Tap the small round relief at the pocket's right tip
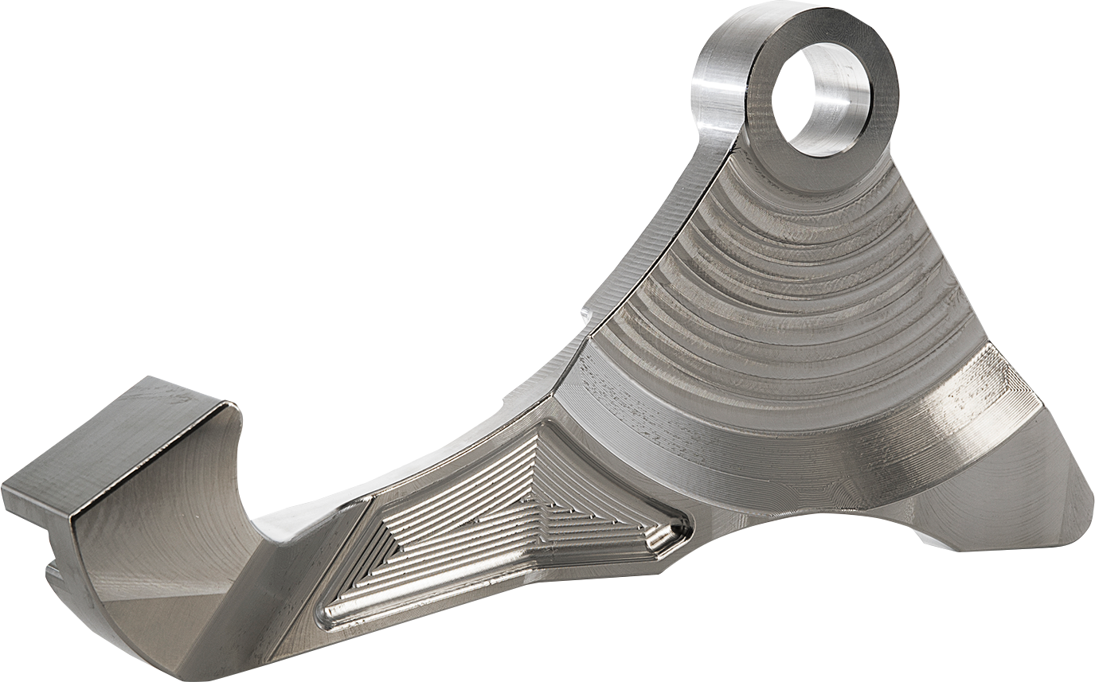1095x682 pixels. pyautogui.click(x=679, y=526)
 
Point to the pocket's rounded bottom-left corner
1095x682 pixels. pyautogui.click(x=330, y=614)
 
